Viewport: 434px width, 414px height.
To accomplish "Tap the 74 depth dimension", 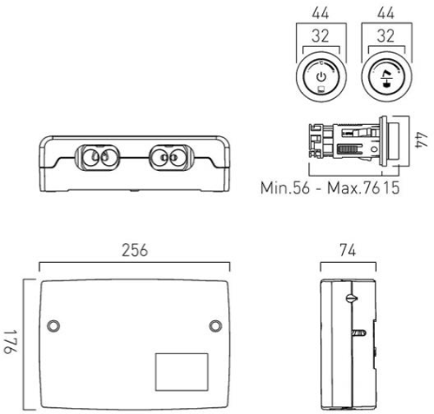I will coord(347,249).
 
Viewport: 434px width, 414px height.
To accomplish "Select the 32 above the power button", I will coord(322,38).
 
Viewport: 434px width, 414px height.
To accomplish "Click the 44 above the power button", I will coord(322,14).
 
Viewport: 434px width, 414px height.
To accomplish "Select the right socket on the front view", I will coord(169,158).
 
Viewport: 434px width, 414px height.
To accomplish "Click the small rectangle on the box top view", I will coord(181,371).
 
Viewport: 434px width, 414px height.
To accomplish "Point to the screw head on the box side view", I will coord(349,298).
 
